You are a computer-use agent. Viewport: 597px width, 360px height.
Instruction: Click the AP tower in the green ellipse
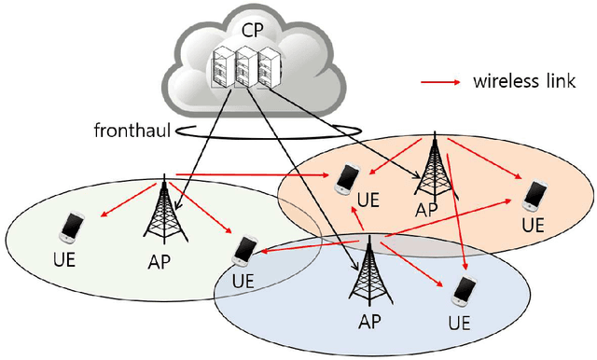pyautogui.click(x=165, y=205)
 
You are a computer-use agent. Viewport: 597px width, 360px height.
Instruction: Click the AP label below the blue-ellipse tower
pyautogui.click(x=370, y=322)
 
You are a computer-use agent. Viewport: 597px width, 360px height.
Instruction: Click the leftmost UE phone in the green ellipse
pyautogui.click(x=71, y=226)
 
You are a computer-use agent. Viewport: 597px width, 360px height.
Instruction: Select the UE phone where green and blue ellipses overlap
pyautogui.click(x=244, y=249)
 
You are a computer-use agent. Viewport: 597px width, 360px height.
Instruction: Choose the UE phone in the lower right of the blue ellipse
pyautogui.click(x=461, y=292)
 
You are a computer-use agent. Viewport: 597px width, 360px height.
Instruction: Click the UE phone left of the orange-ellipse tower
pyautogui.click(x=347, y=177)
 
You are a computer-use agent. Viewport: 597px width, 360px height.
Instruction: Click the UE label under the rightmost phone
pyautogui.click(x=533, y=225)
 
